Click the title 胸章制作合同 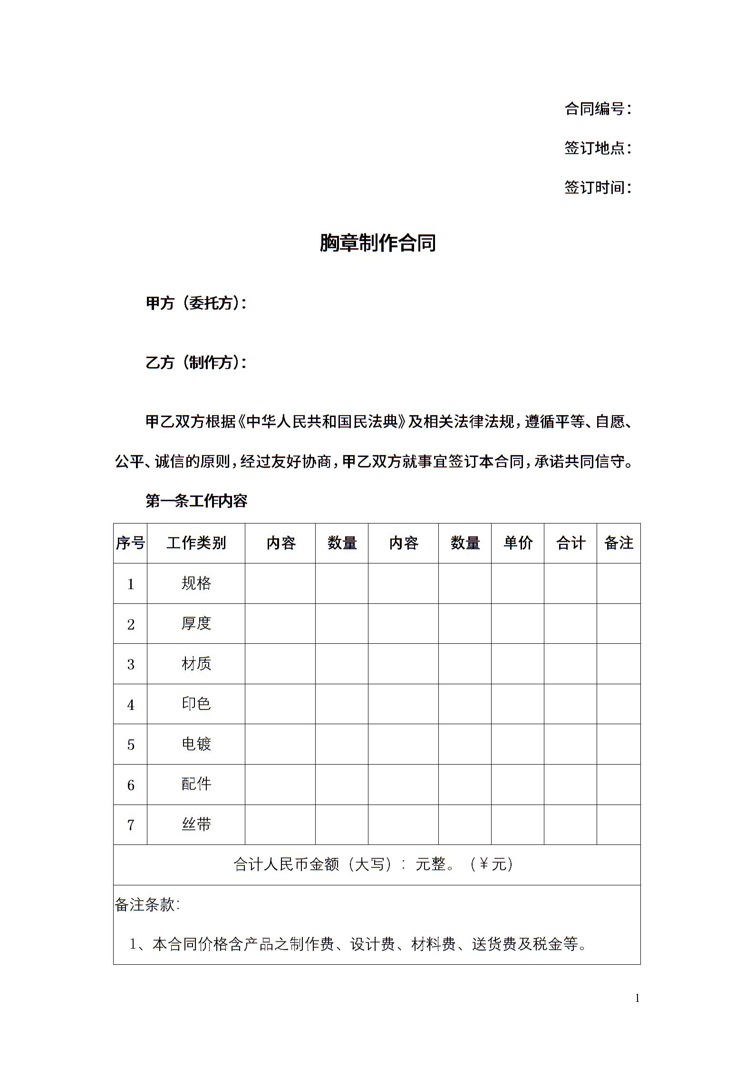coord(377,243)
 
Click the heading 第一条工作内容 coord(196,501)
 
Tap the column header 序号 coord(130,543)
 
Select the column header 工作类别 coord(196,543)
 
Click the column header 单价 coord(518,543)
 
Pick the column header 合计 coord(570,543)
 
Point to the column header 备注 coord(619,543)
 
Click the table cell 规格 coord(196,583)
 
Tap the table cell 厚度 coord(196,623)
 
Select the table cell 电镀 coord(196,744)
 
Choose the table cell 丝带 coord(196,824)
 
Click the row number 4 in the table coord(131,704)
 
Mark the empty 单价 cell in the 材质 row coord(518,664)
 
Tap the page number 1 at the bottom coord(637,998)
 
